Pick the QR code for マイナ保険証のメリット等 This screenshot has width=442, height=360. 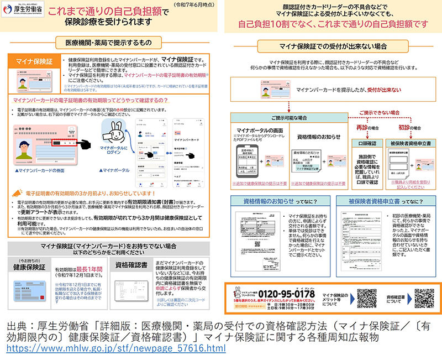[x=367, y=298]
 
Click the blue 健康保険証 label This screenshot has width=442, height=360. [x=29, y=266]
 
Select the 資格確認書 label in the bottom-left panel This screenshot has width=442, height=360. [x=131, y=265]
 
